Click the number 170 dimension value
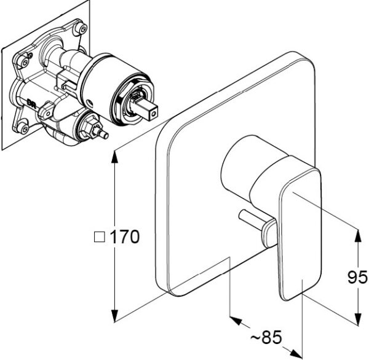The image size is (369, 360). [x=125, y=237]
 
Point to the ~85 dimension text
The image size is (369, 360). [x=267, y=337]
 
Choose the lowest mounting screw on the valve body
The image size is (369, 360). [x=23, y=128]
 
